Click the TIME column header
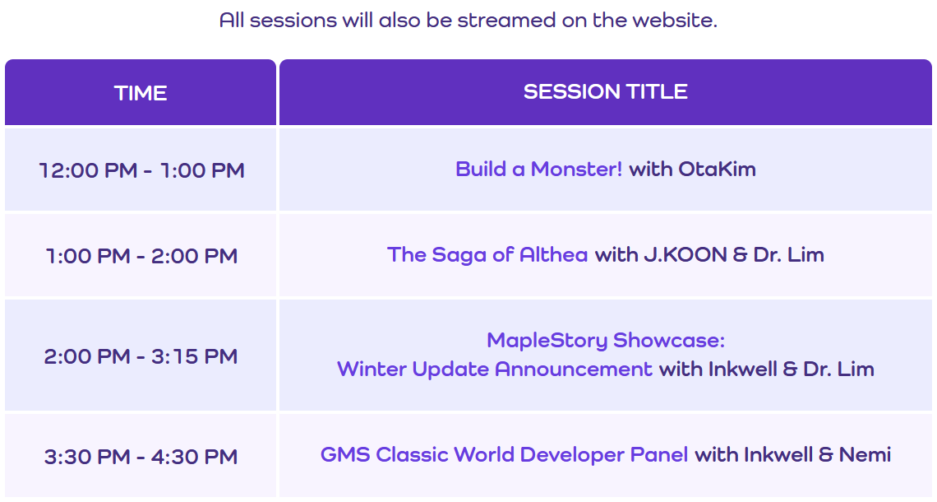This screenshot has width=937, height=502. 141,93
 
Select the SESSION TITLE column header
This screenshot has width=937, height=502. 605,92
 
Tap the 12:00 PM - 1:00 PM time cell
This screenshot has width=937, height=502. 141,170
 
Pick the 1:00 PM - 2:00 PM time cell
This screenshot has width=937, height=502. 141,256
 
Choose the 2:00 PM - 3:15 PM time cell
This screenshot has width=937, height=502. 141,356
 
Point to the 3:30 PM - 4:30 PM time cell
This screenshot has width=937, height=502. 141,457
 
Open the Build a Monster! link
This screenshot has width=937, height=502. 538,170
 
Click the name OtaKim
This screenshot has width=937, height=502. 717,170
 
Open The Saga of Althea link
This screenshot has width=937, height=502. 487,255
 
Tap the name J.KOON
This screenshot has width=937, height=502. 685,255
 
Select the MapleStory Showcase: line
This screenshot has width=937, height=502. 605,341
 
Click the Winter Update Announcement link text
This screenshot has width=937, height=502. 494,370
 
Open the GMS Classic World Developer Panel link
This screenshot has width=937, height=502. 504,455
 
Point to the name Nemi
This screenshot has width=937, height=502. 865,455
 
